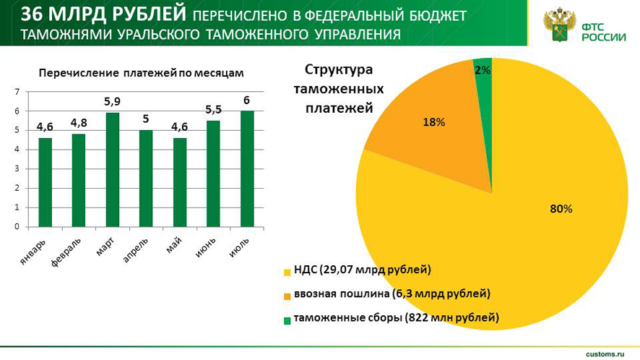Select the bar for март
(x=112, y=169)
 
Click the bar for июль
(x=247, y=168)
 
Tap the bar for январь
(x=45, y=181)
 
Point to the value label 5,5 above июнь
(x=213, y=109)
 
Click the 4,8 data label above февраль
(x=79, y=122)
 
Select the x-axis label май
(x=173, y=245)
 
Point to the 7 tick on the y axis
(x=17, y=92)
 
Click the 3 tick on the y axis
(x=17, y=169)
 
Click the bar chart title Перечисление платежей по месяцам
(x=141, y=73)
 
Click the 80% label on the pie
(x=561, y=209)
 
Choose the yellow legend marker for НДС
(x=287, y=272)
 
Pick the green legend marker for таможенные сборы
(x=287, y=319)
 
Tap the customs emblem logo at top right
(x=559, y=26)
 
